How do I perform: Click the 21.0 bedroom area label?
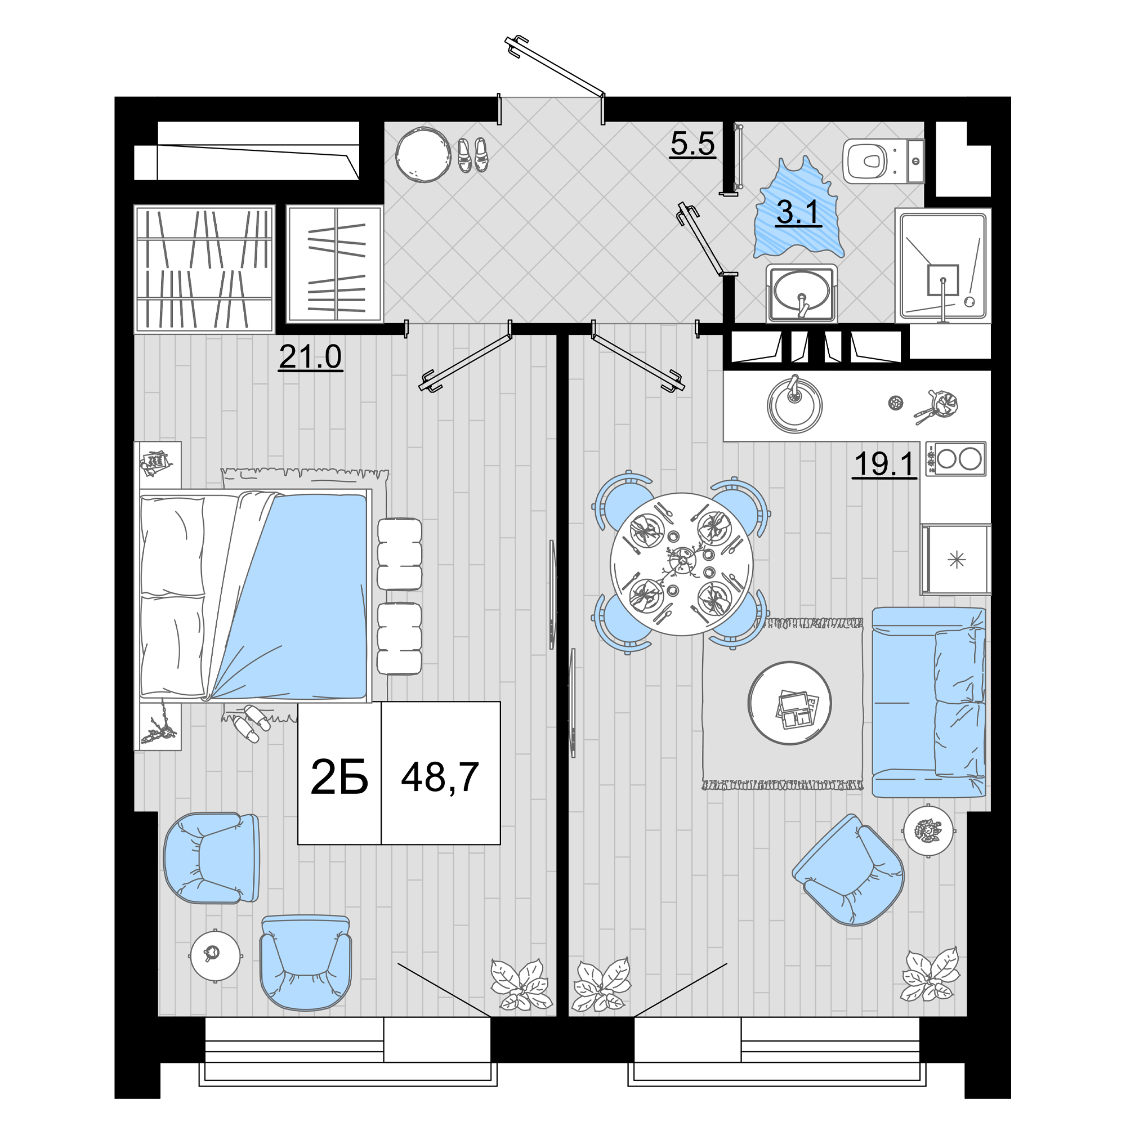pos(310,357)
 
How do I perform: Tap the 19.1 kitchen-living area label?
pos(884,464)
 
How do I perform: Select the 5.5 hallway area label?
pos(692,144)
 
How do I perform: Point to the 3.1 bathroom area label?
pos(798,213)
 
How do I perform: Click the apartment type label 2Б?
pos(339,777)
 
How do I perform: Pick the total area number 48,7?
pos(440,778)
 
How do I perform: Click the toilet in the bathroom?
pos(883,161)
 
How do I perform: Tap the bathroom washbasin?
pos(801,293)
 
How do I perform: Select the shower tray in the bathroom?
pos(943,266)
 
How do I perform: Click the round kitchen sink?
pos(794,404)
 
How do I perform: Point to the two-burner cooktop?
pos(955,459)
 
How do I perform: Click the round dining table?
pos(681,564)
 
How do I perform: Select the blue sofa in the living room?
pos(928,702)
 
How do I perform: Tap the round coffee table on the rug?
pos(790,703)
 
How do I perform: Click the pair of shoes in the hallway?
pos(472,154)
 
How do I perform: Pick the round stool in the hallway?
pos(423,155)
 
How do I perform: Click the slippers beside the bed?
pos(251,723)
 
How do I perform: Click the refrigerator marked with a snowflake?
pos(956,560)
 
